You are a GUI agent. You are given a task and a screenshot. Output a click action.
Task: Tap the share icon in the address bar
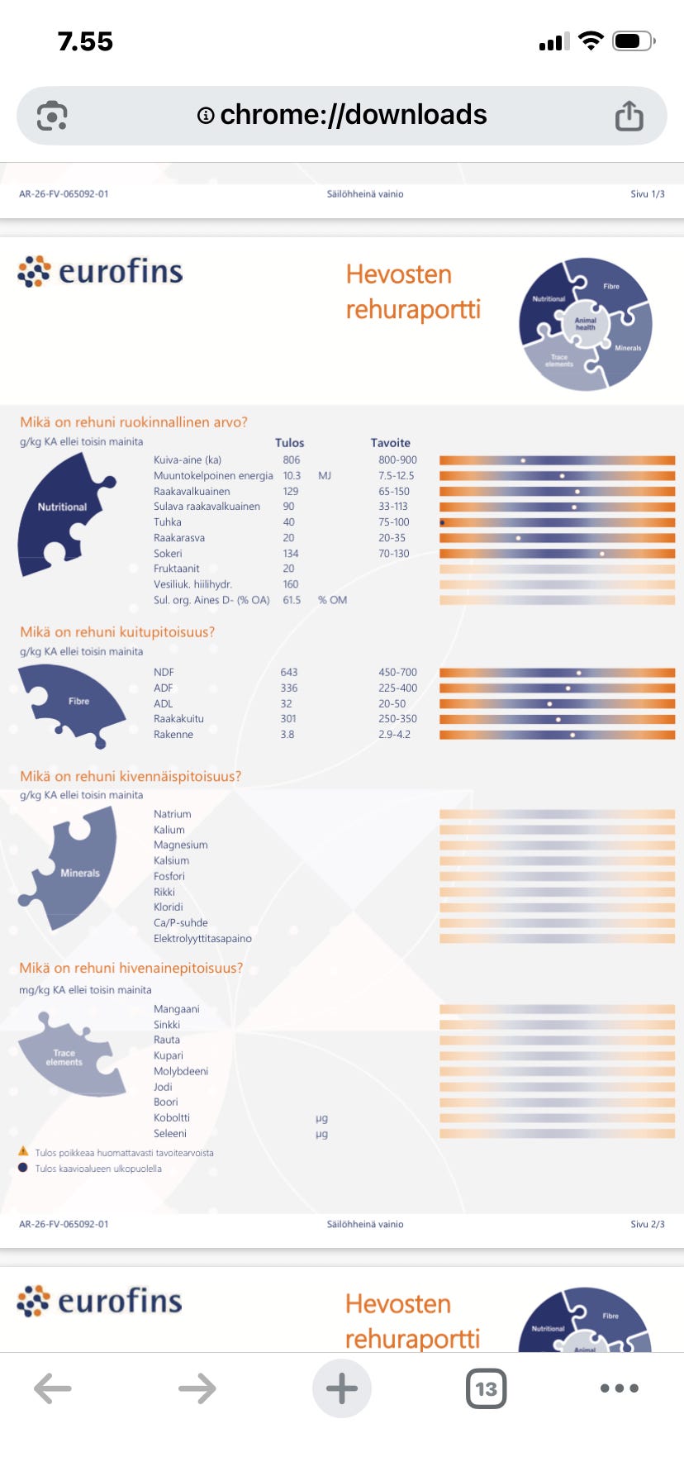[629, 116]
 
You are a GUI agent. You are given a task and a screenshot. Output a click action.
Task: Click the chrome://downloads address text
[354, 114]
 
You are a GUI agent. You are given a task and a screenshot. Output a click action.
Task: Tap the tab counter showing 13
[486, 1388]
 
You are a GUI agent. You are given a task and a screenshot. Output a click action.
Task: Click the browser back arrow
[53, 1388]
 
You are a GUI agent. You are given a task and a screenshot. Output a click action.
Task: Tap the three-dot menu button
[620, 1388]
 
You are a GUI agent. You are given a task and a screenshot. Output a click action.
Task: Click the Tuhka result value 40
[288, 522]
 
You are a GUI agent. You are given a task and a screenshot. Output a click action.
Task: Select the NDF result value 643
[288, 673]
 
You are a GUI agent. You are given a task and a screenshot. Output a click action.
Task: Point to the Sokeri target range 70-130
[394, 554]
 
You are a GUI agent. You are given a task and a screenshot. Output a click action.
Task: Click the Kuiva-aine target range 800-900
[397, 460]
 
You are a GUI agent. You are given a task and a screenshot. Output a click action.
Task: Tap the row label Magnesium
[180, 845]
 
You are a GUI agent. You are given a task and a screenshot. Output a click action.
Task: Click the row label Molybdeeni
[180, 1071]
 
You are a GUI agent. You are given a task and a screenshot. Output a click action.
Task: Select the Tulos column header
[289, 443]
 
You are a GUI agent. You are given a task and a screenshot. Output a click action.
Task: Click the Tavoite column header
[390, 443]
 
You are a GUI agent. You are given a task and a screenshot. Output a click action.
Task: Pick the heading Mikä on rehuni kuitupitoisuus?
[117, 632]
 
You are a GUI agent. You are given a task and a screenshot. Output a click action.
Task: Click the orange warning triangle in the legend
[23, 1151]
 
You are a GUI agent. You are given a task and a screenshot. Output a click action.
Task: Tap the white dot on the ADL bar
[549, 704]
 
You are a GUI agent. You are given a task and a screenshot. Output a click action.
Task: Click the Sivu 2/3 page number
[647, 1224]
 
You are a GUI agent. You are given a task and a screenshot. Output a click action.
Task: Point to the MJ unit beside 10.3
[324, 476]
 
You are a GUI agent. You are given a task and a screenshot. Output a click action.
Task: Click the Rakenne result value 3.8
[287, 735]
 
